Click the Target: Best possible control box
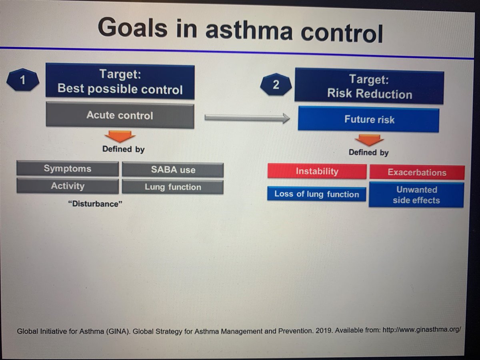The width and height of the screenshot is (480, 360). [120, 82]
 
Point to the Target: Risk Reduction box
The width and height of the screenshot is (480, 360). [369, 87]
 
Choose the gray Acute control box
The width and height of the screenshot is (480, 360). [120, 116]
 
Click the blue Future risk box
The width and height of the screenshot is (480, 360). [368, 119]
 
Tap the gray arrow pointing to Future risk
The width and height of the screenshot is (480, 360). [247, 118]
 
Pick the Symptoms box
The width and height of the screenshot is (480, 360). [68, 169]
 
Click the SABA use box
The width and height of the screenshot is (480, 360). [173, 170]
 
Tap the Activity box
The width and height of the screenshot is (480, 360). [68, 186]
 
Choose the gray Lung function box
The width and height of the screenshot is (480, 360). [173, 187]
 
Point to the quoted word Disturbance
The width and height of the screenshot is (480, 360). [95, 204]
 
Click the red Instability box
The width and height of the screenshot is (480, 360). [317, 172]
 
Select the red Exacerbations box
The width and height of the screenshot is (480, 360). [417, 173]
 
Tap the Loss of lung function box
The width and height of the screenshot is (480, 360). [316, 194]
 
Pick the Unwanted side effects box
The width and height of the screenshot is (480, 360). [416, 195]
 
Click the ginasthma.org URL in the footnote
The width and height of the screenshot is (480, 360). [422, 331]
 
